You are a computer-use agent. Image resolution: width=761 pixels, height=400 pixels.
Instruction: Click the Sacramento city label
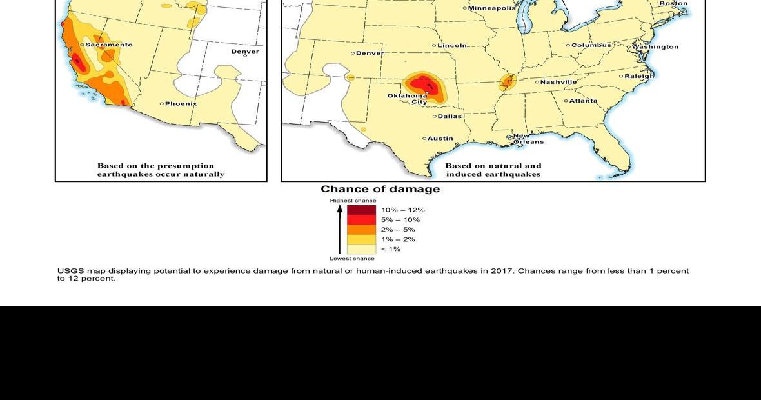(108, 45)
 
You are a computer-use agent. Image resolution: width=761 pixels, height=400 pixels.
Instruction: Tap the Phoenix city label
(181, 103)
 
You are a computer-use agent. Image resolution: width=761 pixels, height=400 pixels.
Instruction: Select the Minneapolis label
(491, 8)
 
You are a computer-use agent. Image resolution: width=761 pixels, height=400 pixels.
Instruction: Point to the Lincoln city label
(451, 45)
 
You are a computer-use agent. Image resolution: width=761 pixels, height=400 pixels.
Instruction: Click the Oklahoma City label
(408, 99)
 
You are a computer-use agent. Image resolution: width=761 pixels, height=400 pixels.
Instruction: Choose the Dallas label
(450, 116)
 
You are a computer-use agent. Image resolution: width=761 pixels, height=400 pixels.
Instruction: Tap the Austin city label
(440, 138)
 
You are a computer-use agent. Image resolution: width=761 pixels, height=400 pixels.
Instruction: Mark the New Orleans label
(528, 139)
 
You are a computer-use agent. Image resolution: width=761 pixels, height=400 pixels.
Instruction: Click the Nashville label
(558, 82)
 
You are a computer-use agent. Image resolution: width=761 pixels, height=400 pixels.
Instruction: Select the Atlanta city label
(583, 101)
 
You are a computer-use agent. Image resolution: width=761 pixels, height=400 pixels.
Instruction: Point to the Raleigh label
(638, 76)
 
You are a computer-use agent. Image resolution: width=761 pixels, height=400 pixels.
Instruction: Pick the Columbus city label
(591, 45)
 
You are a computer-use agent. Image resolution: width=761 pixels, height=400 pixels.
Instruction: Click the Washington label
(655, 47)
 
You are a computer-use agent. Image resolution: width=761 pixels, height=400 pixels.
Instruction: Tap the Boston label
(673, 3)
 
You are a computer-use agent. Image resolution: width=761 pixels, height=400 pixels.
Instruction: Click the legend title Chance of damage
(380, 189)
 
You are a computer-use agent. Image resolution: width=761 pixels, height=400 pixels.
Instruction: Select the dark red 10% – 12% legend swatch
(361, 210)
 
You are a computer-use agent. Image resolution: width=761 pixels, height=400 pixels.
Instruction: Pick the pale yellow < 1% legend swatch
(361, 249)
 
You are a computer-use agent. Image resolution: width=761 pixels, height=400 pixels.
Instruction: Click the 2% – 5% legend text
(398, 230)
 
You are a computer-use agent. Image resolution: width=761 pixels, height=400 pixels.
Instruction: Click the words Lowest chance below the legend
(352, 259)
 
